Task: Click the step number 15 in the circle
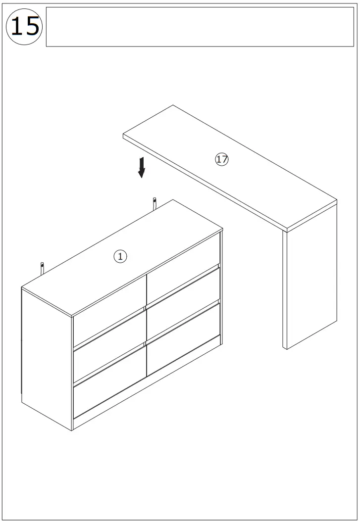pyautogui.click(x=24, y=26)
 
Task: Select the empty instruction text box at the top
pyautogui.click(x=200, y=27)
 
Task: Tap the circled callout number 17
pyautogui.click(x=222, y=159)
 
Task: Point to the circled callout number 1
pyautogui.click(x=120, y=256)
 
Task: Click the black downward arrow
pyautogui.click(x=142, y=167)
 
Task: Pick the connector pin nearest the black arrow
pyautogui.click(x=155, y=203)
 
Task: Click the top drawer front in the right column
pyautogui.click(x=183, y=267)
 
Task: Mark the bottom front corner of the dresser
pyautogui.click(x=73, y=430)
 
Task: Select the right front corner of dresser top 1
pyautogui.click(x=222, y=230)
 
